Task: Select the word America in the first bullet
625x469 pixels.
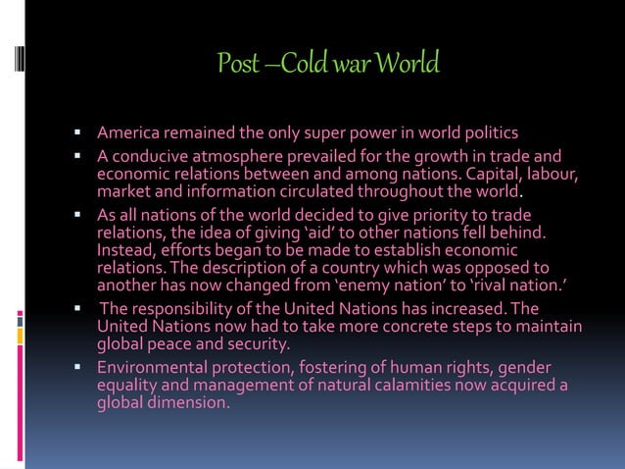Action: tap(132, 132)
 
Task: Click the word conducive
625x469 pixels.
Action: tap(150, 155)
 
